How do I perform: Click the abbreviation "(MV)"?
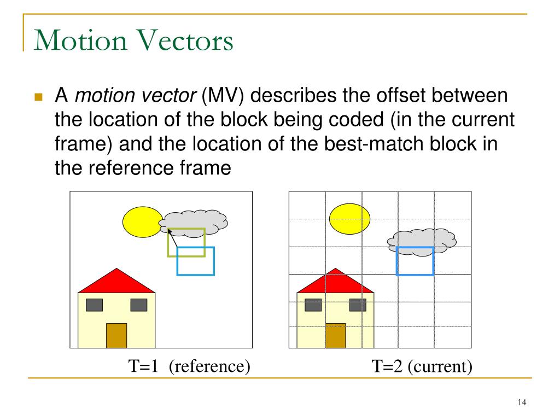coord(221,97)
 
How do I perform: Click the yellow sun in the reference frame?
coord(142,222)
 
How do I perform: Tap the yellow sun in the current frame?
coord(349,219)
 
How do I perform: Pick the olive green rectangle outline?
coord(186,229)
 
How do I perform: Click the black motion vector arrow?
coord(173,239)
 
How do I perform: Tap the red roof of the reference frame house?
coord(116,282)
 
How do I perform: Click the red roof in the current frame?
coord(335,282)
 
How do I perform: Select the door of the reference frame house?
coord(116,335)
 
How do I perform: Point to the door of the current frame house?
coord(335,335)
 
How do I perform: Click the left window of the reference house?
coord(94,305)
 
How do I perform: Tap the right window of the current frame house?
coord(358,305)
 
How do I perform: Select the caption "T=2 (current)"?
coord(422,365)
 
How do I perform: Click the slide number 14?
coord(521,403)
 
